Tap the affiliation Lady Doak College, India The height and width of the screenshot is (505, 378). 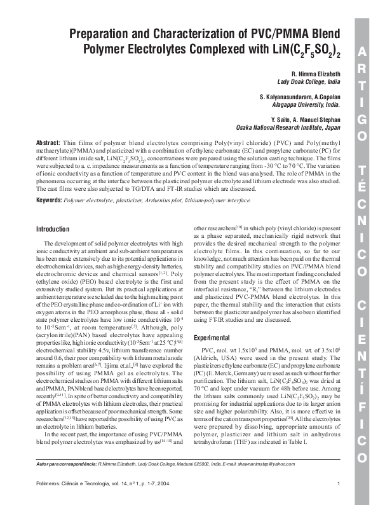309,82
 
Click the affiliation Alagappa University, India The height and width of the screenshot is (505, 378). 306,104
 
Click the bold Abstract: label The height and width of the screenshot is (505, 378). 48,142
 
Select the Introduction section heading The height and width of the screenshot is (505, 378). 53,228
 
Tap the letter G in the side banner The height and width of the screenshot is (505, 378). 361,120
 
